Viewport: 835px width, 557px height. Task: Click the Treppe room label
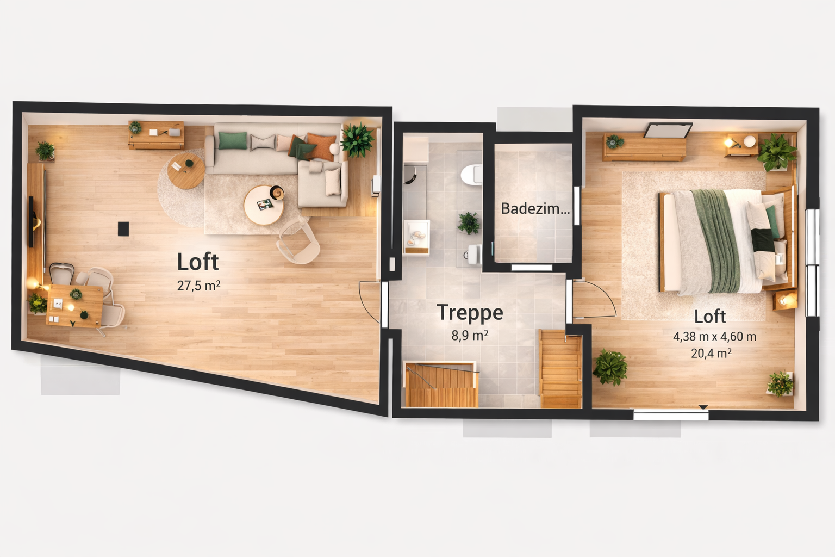pyautogui.click(x=470, y=313)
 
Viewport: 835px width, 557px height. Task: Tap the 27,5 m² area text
pyautogui.click(x=198, y=286)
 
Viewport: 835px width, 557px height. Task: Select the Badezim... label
pyautogui.click(x=535, y=208)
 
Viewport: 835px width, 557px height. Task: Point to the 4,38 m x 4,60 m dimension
pyautogui.click(x=715, y=337)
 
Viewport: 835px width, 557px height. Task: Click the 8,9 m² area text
pyautogui.click(x=470, y=336)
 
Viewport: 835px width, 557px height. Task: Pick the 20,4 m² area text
pyautogui.click(x=711, y=353)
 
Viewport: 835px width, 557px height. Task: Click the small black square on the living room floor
pyautogui.click(x=123, y=228)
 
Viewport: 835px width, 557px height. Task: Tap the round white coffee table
pyautogui.click(x=264, y=205)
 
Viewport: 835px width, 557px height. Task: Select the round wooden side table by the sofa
pyautogui.click(x=186, y=171)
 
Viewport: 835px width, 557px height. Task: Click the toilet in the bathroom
pyautogui.click(x=471, y=174)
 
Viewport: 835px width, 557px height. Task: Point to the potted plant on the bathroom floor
pyautogui.click(x=469, y=223)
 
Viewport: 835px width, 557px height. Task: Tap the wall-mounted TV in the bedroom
pyautogui.click(x=668, y=130)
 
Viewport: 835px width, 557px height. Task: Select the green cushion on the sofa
pyautogui.click(x=232, y=141)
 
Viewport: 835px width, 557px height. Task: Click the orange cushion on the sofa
pyautogui.click(x=321, y=146)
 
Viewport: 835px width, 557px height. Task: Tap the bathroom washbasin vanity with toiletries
pyautogui.click(x=417, y=237)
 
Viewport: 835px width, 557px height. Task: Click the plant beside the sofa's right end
pyautogui.click(x=357, y=140)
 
